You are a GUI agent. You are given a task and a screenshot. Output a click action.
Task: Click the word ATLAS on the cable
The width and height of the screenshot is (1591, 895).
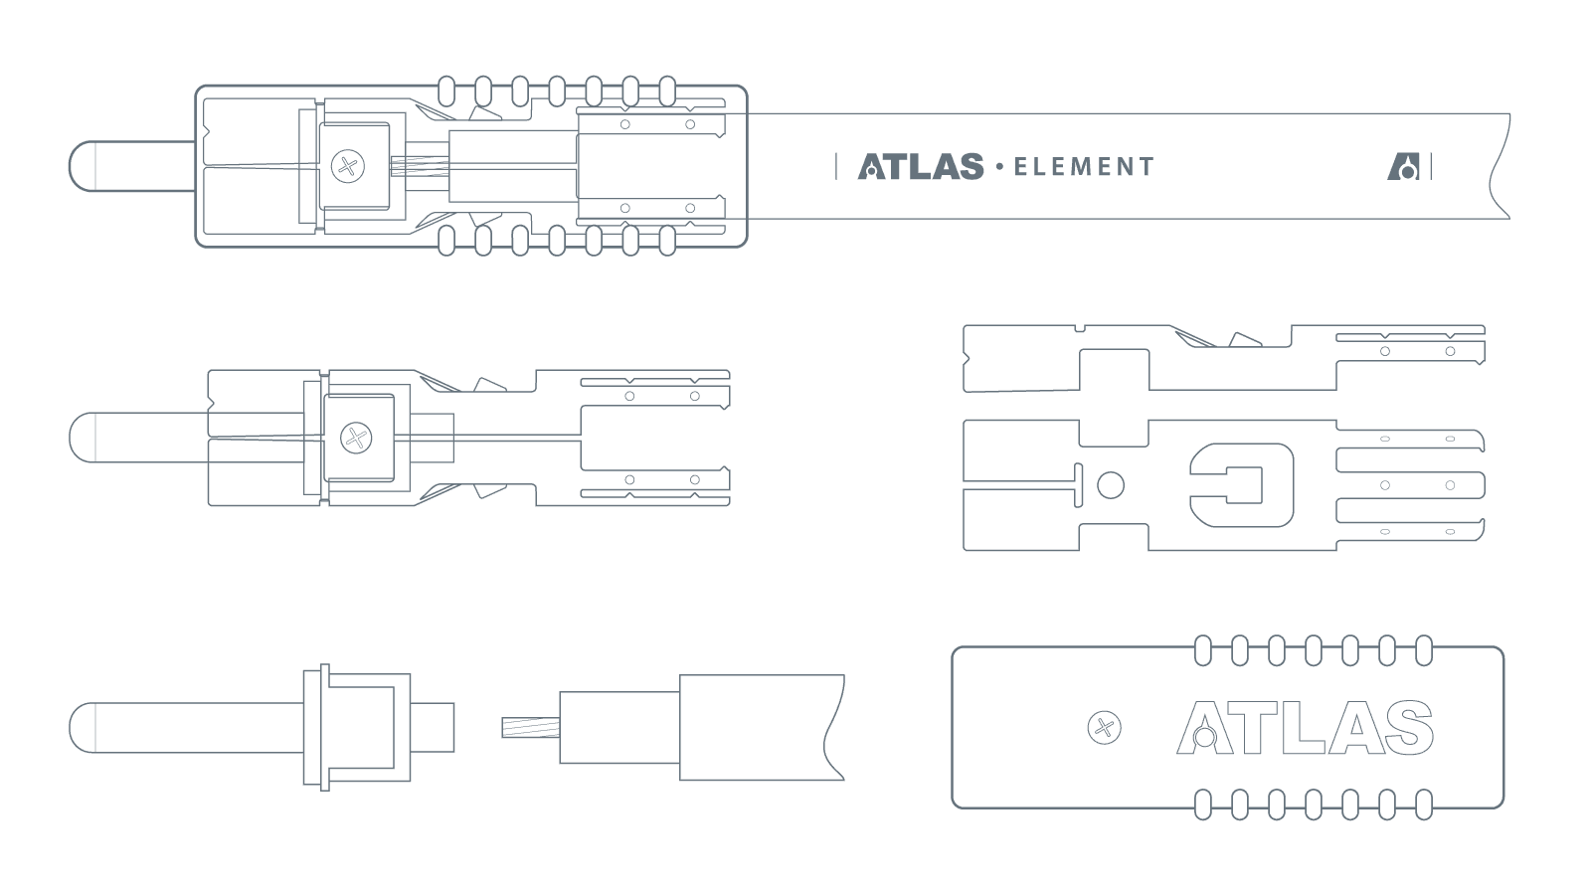pyautogui.click(x=921, y=166)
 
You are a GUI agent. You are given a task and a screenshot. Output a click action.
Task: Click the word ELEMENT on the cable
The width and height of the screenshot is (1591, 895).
pyautogui.click(x=1084, y=167)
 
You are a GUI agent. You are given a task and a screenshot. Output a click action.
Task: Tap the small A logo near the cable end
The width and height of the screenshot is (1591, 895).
pyautogui.click(x=1403, y=166)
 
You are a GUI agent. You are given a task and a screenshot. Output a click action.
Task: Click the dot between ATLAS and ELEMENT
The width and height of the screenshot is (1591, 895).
pyautogui.click(x=998, y=166)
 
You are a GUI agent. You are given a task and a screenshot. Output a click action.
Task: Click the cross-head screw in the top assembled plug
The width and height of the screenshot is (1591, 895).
pyautogui.click(x=347, y=166)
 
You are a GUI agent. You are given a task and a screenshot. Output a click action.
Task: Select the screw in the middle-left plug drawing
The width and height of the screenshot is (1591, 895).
pyautogui.click(x=356, y=438)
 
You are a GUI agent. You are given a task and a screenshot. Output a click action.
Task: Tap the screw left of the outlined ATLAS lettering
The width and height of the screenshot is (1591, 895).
pyautogui.click(x=1103, y=728)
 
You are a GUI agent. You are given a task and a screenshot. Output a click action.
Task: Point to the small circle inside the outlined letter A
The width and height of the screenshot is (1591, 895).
pyautogui.click(x=1204, y=737)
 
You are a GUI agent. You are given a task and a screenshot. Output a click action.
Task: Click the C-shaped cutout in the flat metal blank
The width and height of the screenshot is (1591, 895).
pyautogui.click(x=1243, y=485)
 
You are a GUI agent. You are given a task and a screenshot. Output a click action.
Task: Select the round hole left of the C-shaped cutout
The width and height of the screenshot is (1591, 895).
pyautogui.click(x=1111, y=485)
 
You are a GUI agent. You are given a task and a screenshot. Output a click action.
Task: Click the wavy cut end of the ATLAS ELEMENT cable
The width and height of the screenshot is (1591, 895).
pyautogui.click(x=1500, y=166)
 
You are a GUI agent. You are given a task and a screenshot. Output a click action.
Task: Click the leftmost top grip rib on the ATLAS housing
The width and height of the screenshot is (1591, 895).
pyautogui.click(x=1203, y=650)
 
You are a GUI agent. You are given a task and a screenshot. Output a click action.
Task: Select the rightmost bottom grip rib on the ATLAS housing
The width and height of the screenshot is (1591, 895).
pyautogui.click(x=1424, y=804)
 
